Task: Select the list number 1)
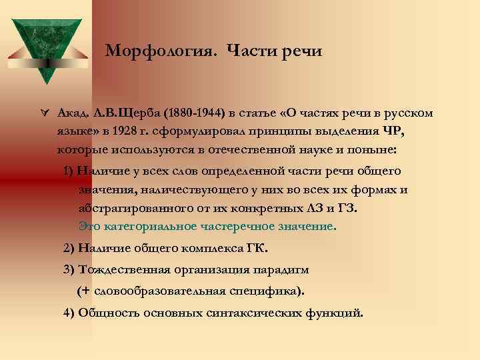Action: pyautogui.click(x=69, y=171)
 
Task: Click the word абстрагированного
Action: pyautogui.click(x=127, y=208)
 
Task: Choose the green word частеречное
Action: pyautogui.click(x=236, y=226)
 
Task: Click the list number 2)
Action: pyautogui.click(x=69, y=249)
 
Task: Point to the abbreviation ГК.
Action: pyautogui.click(x=256, y=249)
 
